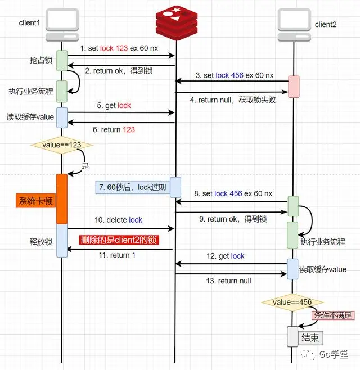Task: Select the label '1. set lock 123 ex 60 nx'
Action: coord(120,48)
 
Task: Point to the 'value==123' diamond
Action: coord(62,145)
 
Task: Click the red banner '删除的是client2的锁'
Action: coord(119,240)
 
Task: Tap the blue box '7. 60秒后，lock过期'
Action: coord(132,187)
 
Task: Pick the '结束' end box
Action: coord(310,337)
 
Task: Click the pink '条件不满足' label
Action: coord(333,315)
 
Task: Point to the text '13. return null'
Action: coord(228,281)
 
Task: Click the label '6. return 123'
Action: coord(114,129)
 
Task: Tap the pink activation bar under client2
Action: coord(293,86)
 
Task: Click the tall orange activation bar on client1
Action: coord(62,198)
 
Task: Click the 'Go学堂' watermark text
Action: coord(334,354)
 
